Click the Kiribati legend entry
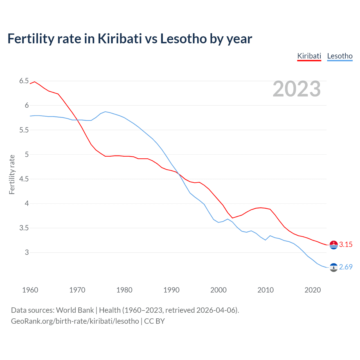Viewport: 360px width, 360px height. click(309, 56)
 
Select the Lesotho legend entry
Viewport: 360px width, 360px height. click(340, 56)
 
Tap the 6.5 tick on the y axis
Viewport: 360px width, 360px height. click(24, 81)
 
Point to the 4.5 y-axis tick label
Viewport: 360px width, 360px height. click(24, 179)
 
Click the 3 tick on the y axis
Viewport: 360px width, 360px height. click(27, 252)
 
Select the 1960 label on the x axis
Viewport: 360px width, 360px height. click(30, 290)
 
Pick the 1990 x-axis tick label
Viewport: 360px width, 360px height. click(171, 290)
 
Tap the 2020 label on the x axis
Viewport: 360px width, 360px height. click(312, 290)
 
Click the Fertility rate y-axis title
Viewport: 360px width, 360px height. click(12, 174)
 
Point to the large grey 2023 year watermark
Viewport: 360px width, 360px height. click(297, 89)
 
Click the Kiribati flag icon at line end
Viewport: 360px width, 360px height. click(333, 245)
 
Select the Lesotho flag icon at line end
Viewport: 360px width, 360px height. click(333, 267)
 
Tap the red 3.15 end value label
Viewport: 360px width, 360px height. click(346, 245)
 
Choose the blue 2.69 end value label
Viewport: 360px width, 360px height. click(346, 267)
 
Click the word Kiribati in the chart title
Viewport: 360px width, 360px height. click(120, 39)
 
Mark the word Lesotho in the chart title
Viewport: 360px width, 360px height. click(183, 39)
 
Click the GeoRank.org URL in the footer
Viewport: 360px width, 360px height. click(75, 321)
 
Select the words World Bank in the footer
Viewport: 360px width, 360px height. click(75, 310)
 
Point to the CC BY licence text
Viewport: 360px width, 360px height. click(154, 321)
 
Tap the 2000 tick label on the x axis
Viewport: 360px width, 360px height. click(218, 290)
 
